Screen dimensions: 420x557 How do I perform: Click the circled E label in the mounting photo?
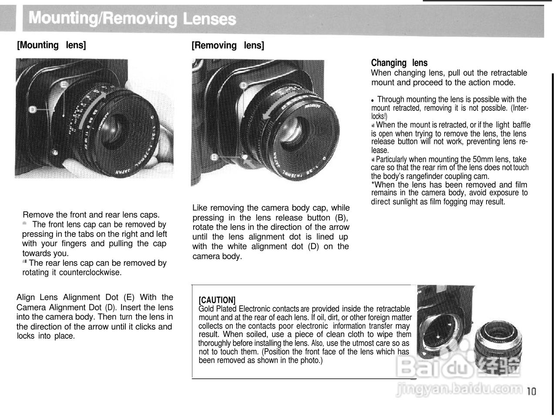point(64,84)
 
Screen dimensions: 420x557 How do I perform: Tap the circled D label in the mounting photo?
point(32,109)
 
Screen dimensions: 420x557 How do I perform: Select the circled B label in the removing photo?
point(215,157)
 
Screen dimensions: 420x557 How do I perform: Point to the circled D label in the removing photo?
point(244,85)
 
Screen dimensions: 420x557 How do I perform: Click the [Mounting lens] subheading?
point(51,45)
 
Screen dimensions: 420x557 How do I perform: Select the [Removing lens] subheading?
point(228,45)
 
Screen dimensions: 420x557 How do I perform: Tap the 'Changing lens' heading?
point(399,63)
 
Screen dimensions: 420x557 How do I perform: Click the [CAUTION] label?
point(217,300)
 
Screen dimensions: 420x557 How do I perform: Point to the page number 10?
point(531,391)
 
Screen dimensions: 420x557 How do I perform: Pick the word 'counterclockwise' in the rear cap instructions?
point(90,273)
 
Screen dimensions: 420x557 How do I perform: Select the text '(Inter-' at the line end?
point(520,108)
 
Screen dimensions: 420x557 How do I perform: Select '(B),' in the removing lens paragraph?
point(341,217)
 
